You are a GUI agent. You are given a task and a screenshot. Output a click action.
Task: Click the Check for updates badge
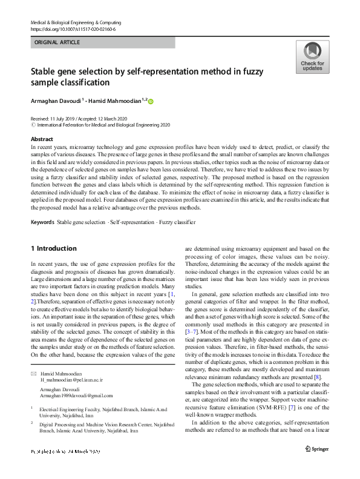[x=312, y=57]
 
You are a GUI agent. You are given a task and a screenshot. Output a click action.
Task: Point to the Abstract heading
[x=41, y=138]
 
